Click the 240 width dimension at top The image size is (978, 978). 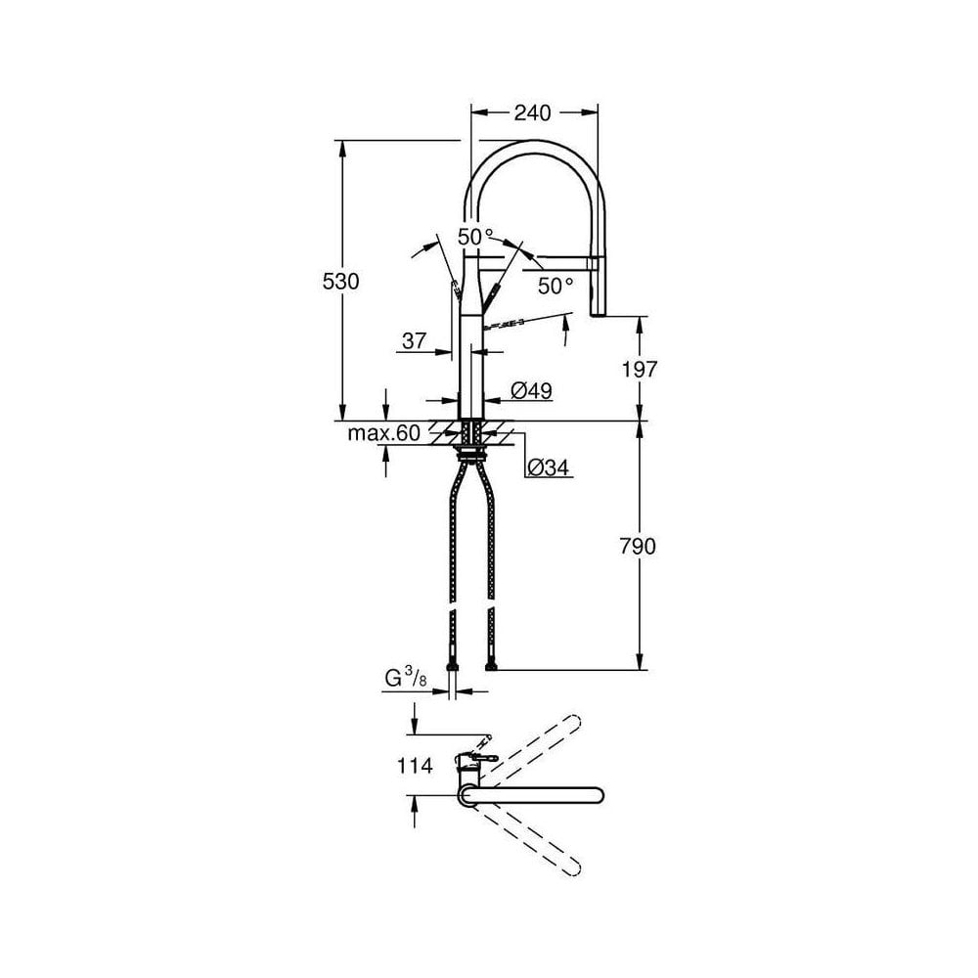pos(534,112)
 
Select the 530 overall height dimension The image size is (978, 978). pos(342,281)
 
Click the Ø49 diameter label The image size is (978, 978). pos(532,391)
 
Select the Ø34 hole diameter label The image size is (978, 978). pos(549,468)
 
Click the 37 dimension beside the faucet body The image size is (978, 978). pos(414,341)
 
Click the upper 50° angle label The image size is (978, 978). pos(475,237)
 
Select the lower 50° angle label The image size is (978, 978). pos(556,286)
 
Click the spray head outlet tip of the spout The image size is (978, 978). pos(599,311)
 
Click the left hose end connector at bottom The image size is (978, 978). pos(452,667)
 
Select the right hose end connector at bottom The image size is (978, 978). pos(491,667)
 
